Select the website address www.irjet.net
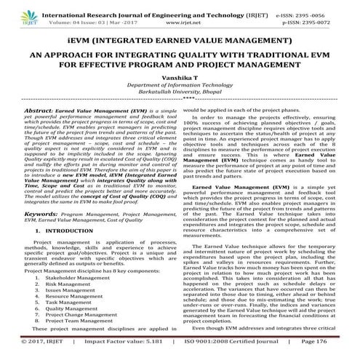tap(171, 21)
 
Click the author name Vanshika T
tap(180, 76)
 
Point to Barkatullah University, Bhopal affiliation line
tap(180, 94)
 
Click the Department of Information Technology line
tap(180, 85)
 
